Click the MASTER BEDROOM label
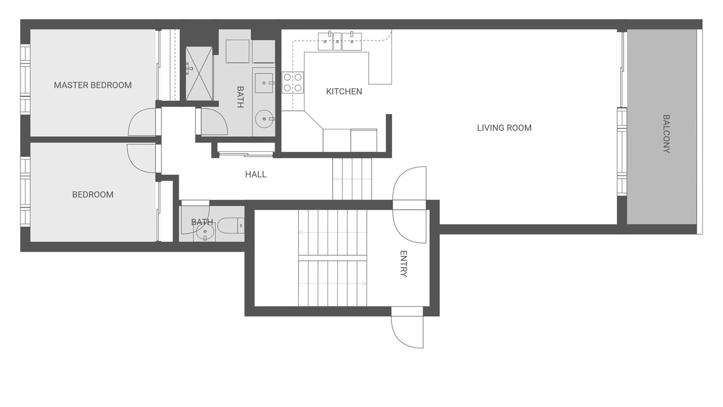pyautogui.click(x=93, y=85)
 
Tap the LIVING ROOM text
pyautogui.click(x=504, y=128)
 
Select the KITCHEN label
pyautogui.click(x=344, y=92)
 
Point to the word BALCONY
pyautogui.click(x=666, y=134)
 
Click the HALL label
pyautogui.click(x=256, y=175)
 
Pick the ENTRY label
pyautogui.click(x=403, y=263)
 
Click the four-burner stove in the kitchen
pyautogui.click(x=293, y=83)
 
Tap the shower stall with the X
pyautogui.click(x=199, y=73)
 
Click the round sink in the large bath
pyautogui.click(x=264, y=119)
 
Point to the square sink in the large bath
pyautogui.click(x=264, y=83)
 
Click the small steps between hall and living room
pyautogui.click(x=352, y=179)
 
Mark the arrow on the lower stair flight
pyautogui.click(x=333, y=284)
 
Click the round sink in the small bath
pyautogui.click(x=204, y=232)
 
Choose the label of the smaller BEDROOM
pyautogui.click(x=93, y=195)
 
